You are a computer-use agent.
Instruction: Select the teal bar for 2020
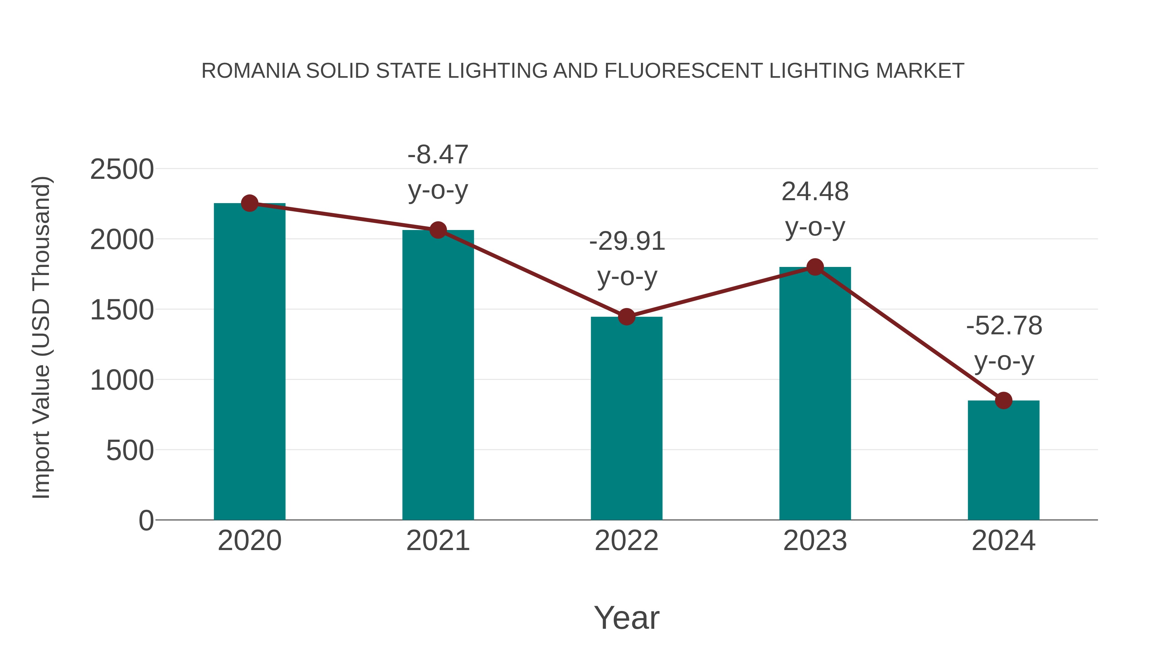click(249, 362)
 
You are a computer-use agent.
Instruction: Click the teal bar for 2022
click(626, 419)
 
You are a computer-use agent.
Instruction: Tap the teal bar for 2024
click(1003, 460)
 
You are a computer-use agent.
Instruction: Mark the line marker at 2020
click(249, 203)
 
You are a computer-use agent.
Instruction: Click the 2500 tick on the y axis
click(122, 170)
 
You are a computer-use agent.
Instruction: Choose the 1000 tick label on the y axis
click(122, 380)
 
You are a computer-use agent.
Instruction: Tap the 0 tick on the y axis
click(146, 521)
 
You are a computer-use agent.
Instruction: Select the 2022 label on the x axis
click(626, 541)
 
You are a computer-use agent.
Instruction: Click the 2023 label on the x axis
click(815, 541)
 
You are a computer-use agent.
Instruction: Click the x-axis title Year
click(626, 618)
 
